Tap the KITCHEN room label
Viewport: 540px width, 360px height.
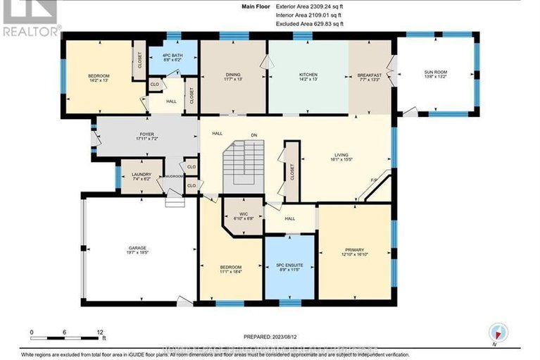click(x=307, y=75)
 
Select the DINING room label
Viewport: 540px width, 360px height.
click(x=233, y=75)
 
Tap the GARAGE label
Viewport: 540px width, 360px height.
click(x=137, y=248)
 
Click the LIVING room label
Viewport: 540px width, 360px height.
click(x=342, y=154)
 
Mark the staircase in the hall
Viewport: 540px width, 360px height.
click(x=243, y=165)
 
